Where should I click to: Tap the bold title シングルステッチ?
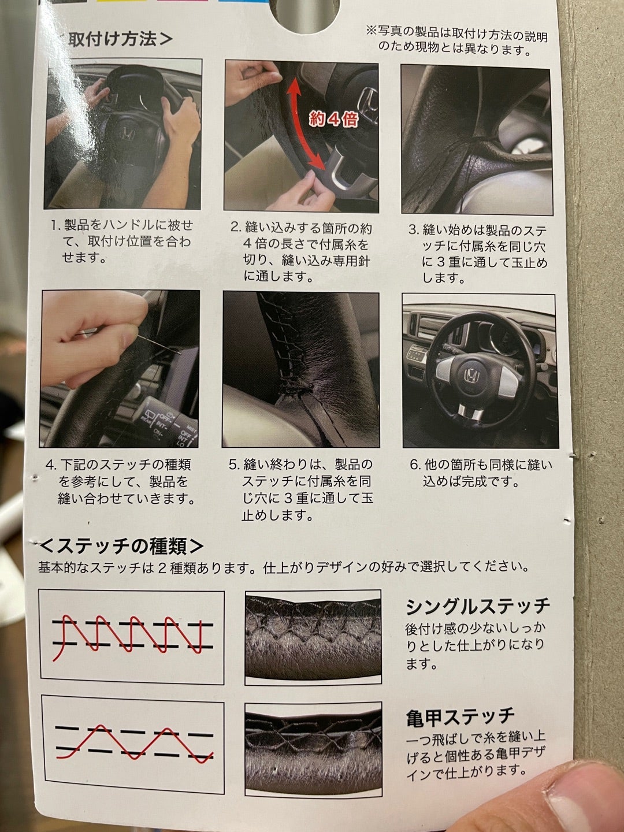tap(477, 606)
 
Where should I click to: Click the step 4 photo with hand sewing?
tap(120, 368)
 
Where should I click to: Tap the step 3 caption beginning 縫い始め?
tap(477, 252)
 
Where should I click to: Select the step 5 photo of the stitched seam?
tap(301, 369)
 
